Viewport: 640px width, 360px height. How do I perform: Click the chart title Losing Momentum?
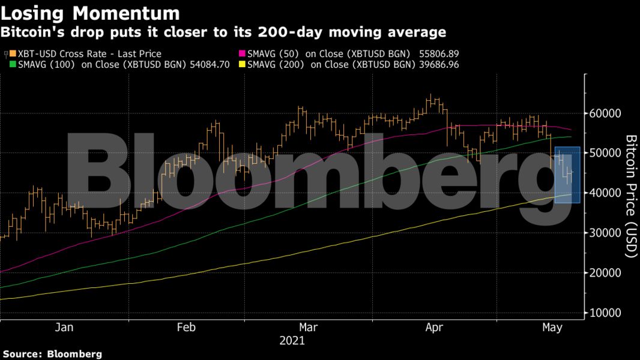[91, 13]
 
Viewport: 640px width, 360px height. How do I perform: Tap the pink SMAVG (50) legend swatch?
[242, 54]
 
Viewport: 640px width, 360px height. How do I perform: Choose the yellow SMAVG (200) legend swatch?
[242, 64]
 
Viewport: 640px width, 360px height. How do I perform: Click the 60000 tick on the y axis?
[605, 113]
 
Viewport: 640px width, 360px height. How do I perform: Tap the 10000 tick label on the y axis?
[605, 313]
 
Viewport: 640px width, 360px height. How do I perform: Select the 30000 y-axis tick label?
[605, 233]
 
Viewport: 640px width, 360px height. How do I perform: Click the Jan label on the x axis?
[64, 328]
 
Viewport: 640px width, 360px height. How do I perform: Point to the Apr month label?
[433, 328]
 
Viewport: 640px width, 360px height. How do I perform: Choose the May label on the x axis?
[552, 328]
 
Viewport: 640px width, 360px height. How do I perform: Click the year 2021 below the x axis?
[292, 341]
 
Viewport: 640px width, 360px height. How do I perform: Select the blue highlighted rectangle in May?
[567, 175]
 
